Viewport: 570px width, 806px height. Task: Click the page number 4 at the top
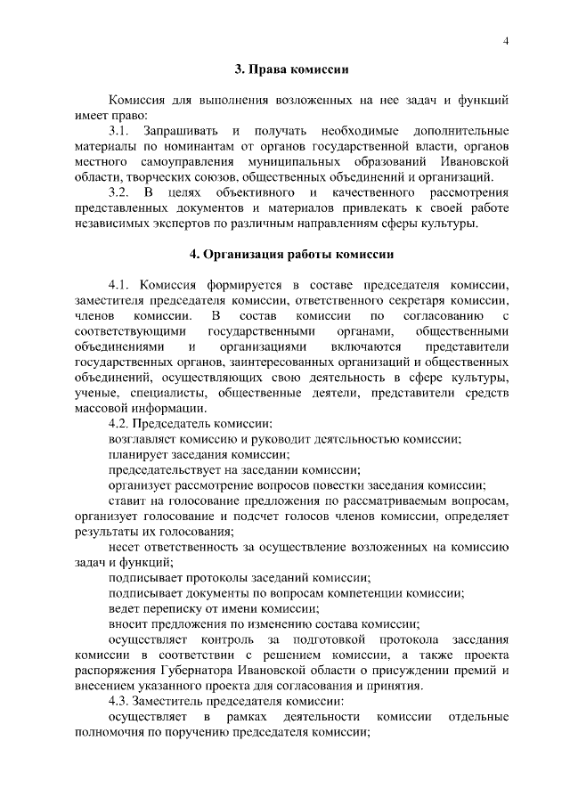(x=505, y=40)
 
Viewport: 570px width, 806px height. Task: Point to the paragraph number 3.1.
(x=119, y=131)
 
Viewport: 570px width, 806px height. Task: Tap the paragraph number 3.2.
(x=119, y=192)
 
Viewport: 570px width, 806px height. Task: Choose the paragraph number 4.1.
(x=119, y=285)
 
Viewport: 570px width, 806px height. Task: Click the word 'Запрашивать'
(x=181, y=131)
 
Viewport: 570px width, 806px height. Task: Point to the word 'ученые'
(x=95, y=393)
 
